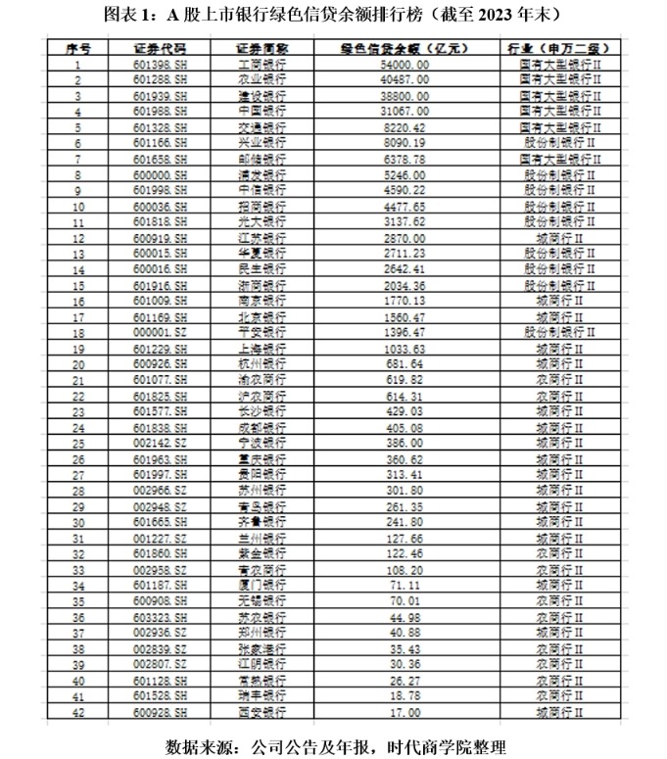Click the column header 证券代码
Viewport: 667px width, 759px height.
pos(159,48)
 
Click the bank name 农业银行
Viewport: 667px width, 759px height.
pos(262,79)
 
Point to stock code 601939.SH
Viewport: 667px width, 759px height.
pos(159,96)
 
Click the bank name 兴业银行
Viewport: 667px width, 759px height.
pos(262,143)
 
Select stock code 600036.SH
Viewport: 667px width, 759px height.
pos(159,207)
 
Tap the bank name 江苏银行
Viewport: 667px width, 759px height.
pos(262,238)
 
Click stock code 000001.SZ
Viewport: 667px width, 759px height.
pos(159,333)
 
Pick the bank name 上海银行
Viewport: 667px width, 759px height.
pos(262,349)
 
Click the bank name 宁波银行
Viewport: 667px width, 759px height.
pos(262,444)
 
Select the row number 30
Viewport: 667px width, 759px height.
pos(77,523)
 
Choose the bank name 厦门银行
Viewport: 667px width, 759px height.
pos(262,586)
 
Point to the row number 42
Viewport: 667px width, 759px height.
pos(77,712)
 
